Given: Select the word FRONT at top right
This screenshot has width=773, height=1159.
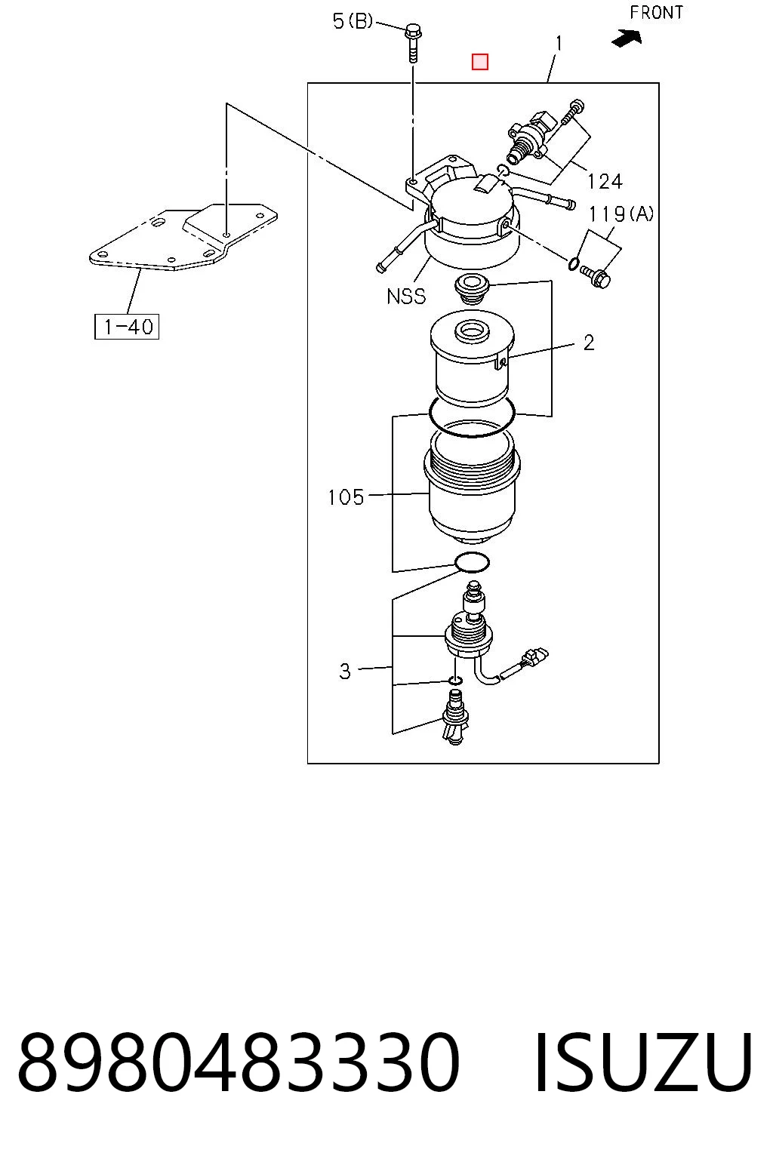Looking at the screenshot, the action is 656,12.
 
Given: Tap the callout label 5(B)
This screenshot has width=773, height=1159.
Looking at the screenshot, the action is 353,21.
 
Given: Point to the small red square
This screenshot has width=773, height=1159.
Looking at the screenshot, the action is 480,62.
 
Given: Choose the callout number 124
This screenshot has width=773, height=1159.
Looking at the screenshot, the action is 605,182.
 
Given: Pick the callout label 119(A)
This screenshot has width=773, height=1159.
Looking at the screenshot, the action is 621,214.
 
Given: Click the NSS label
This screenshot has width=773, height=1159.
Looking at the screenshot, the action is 406,297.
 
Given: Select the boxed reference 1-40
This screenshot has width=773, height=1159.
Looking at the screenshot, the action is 127,327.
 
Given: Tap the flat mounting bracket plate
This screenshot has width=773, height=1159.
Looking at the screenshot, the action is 183,237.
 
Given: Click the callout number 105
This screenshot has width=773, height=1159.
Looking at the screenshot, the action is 346,497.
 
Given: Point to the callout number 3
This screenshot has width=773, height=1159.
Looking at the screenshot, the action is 345,672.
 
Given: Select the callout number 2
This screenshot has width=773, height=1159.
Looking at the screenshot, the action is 589,343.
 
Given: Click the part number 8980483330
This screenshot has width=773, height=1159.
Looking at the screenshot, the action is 239,1061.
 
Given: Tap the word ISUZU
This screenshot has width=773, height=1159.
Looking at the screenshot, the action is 642,1061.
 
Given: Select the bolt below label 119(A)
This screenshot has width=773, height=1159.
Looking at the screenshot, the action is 596,276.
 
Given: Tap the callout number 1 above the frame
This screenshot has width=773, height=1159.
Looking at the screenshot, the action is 558,44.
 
